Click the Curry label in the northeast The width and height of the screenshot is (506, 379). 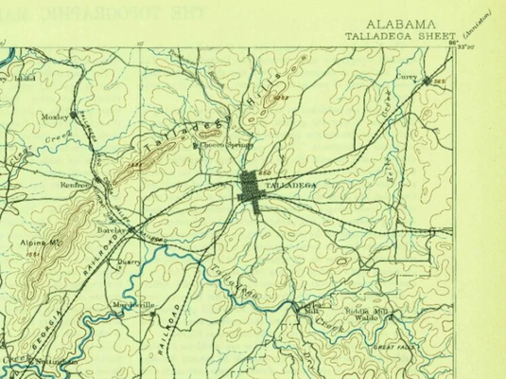point(406,77)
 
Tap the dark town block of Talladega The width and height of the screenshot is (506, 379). point(250,188)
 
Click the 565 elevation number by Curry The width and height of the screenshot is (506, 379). point(438,82)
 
